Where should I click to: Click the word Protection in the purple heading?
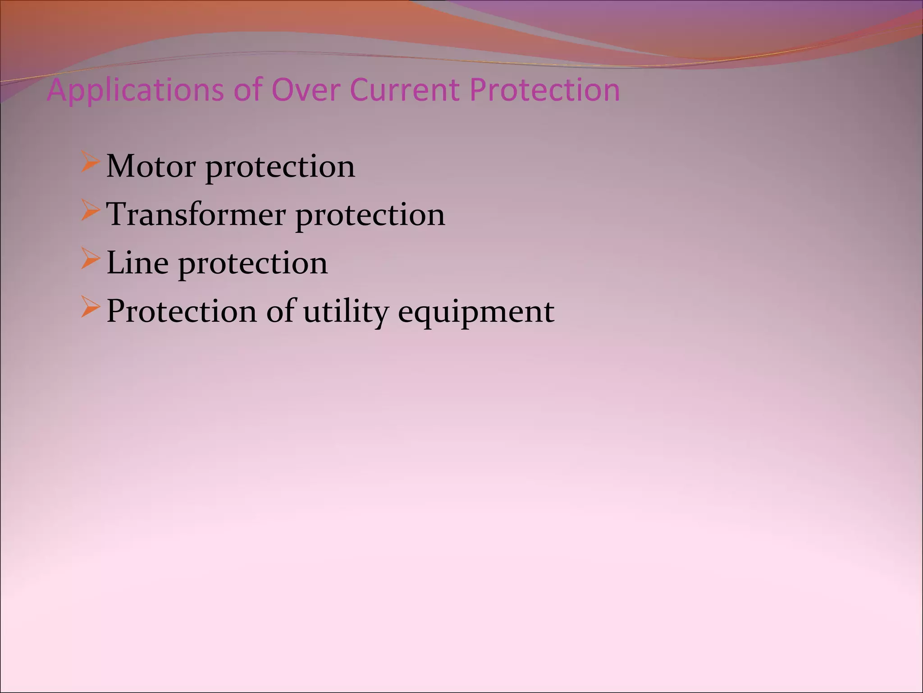[x=544, y=89]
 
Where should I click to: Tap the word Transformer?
[x=196, y=214]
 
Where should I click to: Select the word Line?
[x=137, y=263]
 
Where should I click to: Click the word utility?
[x=346, y=311]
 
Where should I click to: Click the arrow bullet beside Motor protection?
[x=90, y=163]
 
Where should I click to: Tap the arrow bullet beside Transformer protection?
[x=90, y=211]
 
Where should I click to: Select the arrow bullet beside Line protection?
[x=90, y=259]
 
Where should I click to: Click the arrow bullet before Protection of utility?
[x=90, y=308]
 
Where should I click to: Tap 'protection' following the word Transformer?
[x=370, y=216]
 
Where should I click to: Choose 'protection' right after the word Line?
[x=253, y=264]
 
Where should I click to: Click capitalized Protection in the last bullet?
[x=181, y=311]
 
